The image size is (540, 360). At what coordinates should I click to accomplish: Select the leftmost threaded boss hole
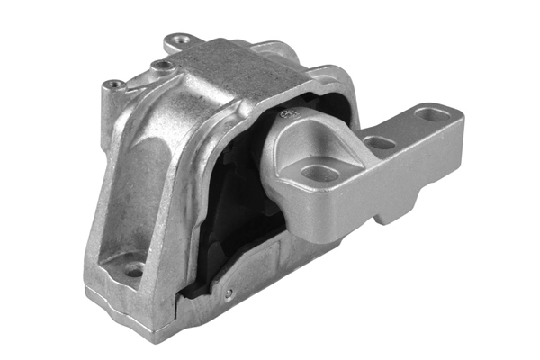(116, 85)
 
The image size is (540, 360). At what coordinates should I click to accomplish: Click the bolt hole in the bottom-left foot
(133, 268)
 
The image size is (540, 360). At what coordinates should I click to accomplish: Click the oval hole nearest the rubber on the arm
(319, 173)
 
